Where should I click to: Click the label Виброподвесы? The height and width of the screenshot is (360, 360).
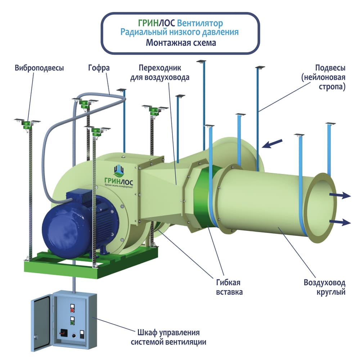tap(39, 68)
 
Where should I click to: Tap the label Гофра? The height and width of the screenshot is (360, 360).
tap(98, 68)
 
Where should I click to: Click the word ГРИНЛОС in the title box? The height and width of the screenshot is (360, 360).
tap(157, 23)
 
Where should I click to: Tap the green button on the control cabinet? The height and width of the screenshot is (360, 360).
tap(72, 322)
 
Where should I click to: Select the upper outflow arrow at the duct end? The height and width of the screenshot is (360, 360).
tap(340, 195)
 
